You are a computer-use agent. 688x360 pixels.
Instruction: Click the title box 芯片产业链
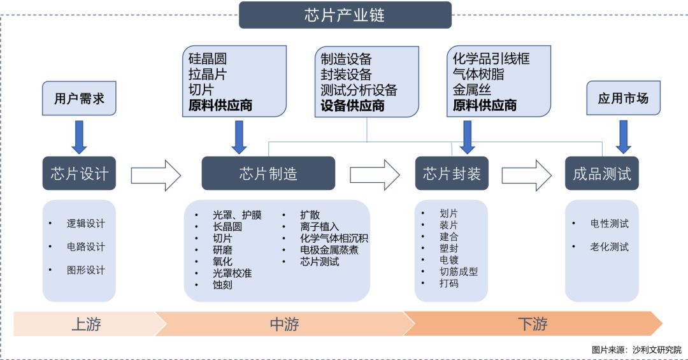click(345, 15)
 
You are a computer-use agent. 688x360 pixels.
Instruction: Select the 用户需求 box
click(79, 99)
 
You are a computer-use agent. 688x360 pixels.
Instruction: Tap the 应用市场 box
click(623, 99)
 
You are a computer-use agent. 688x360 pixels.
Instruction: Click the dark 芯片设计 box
click(79, 173)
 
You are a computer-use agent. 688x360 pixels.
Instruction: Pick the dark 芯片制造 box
click(268, 173)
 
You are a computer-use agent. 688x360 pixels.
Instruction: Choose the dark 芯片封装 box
click(452, 173)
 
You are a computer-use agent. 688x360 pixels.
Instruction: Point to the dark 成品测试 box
click(601, 173)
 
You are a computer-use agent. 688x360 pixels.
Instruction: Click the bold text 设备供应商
click(352, 106)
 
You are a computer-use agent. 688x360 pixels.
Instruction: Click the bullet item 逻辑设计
click(86, 224)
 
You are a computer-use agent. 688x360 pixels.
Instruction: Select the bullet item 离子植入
click(319, 227)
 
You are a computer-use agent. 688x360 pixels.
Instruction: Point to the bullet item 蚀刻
click(222, 285)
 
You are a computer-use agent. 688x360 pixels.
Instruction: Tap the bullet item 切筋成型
click(458, 271)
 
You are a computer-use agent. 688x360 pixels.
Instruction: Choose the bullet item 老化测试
click(609, 247)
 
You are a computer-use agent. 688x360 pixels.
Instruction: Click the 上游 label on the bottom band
click(85, 324)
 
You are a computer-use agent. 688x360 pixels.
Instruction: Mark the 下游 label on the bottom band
click(532, 324)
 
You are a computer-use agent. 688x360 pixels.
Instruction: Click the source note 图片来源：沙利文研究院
click(636, 350)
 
